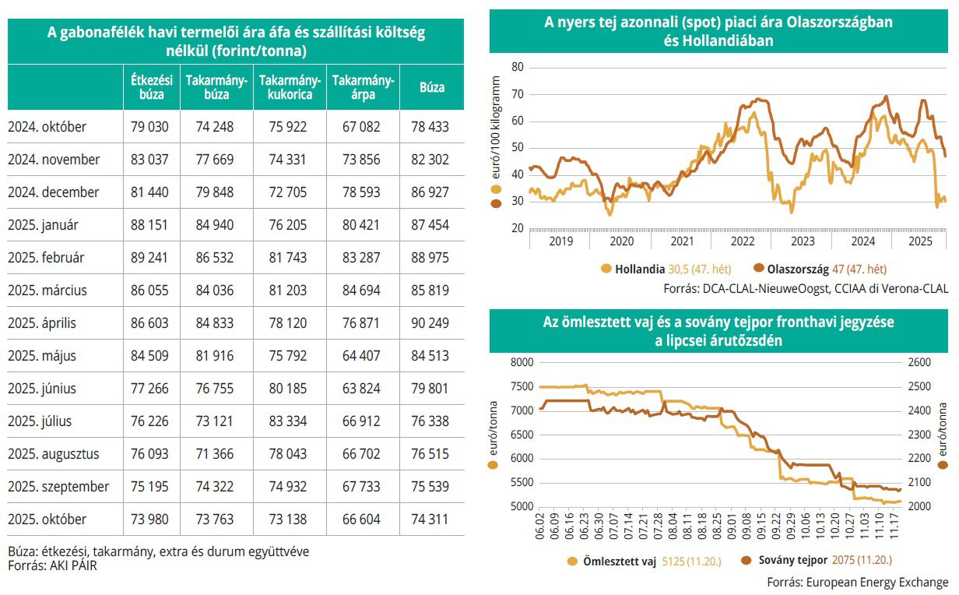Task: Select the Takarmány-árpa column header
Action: click(363, 87)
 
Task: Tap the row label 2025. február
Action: click(47, 257)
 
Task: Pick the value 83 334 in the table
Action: click(288, 421)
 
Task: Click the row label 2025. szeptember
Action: click(58, 486)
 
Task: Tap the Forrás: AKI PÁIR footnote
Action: click(53, 566)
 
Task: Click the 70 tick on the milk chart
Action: click(516, 94)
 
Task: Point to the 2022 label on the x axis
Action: click(743, 241)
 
